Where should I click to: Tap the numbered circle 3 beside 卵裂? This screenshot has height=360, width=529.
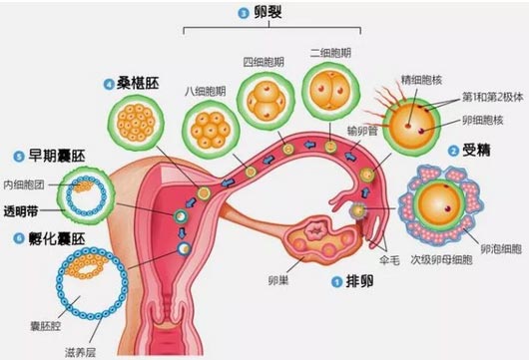tap(243, 13)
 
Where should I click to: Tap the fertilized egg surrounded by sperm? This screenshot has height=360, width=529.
tap(412, 123)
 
